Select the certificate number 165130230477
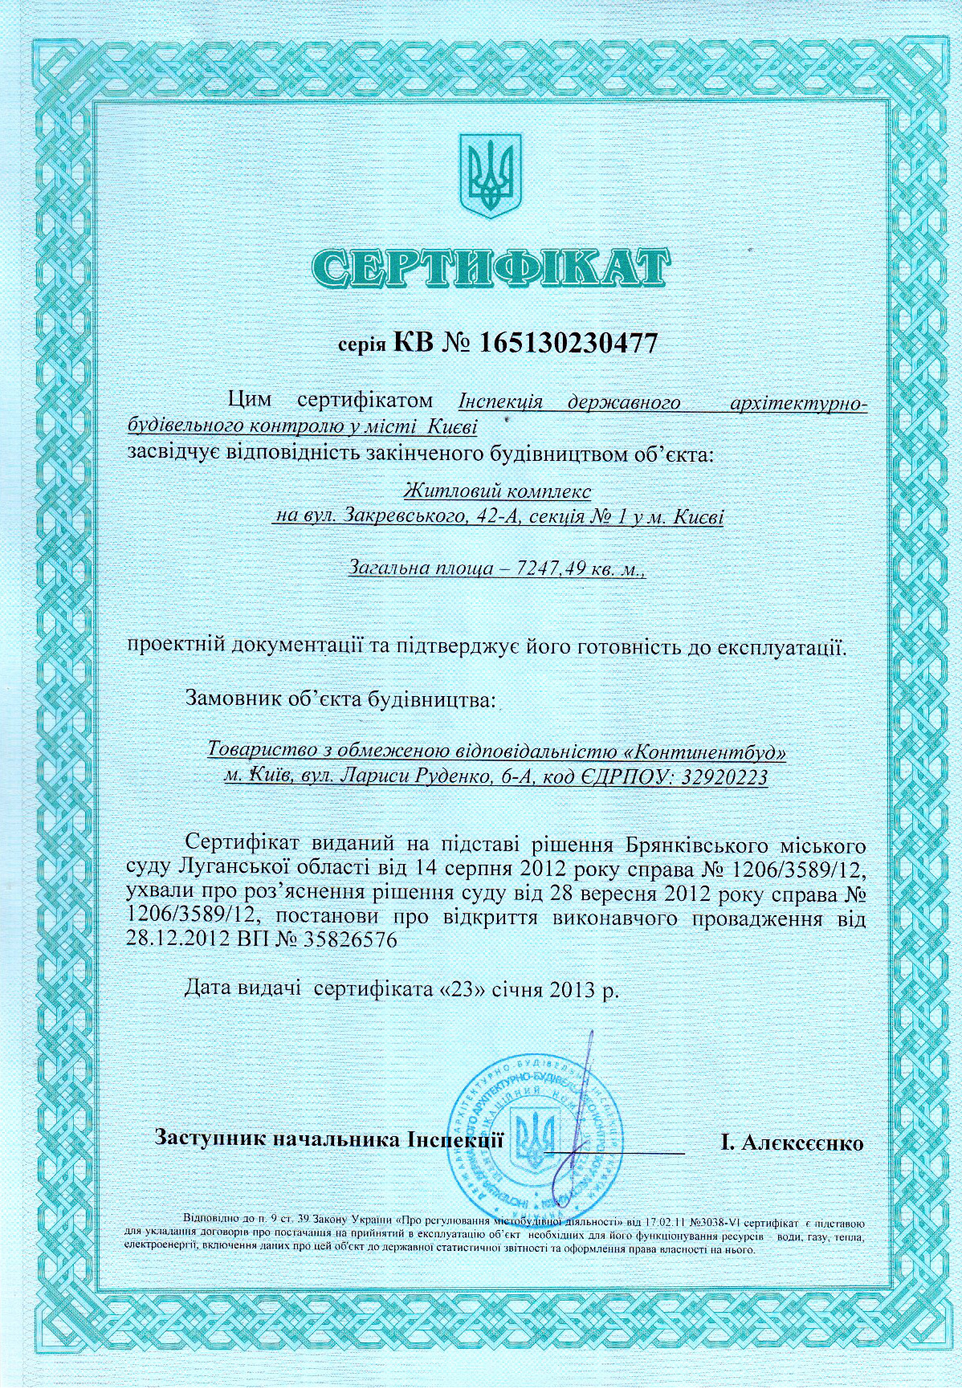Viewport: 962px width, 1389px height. click(569, 344)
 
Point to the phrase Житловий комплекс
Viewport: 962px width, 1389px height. click(499, 489)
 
